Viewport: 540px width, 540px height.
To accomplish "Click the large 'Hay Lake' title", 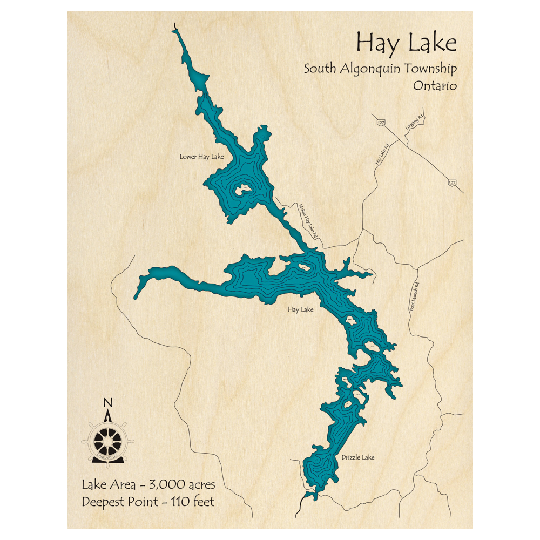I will pos(406,43).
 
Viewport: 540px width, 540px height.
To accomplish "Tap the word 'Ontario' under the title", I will pos(435,86).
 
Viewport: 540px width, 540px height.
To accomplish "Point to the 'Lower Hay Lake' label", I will pos(201,157).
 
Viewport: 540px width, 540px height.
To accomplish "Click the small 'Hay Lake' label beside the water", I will pos(300,310).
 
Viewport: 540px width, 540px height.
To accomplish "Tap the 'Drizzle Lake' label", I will pos(357,458).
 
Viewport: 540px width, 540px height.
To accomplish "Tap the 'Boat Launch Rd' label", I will pos(414,297).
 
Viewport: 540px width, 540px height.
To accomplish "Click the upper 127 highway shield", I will pos(381,124).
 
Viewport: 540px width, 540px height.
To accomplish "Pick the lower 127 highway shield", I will pos(451,184).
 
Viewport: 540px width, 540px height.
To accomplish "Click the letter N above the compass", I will pos(107,403).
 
